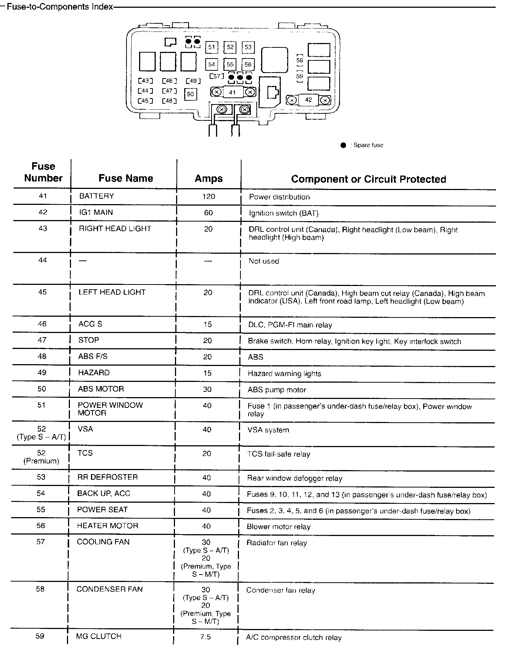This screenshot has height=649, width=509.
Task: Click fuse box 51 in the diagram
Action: (211, 47)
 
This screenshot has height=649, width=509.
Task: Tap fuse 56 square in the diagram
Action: (248, 64)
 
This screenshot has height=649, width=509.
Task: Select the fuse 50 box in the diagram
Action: (190, 94)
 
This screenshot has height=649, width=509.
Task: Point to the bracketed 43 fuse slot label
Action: (145, 81)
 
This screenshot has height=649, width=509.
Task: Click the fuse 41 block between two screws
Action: (232, 92)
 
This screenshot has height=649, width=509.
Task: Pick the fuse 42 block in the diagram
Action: (309, 100)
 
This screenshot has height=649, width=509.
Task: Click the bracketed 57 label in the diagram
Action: (217, 76)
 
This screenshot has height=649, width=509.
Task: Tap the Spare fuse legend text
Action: (368, 145)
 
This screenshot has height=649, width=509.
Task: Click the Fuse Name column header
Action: (126, 179)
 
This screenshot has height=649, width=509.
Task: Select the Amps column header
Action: (209, 179)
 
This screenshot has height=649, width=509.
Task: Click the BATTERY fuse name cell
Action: (97, 196)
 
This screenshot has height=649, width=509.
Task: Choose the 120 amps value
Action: (209, 196)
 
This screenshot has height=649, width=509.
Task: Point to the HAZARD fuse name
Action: (94, 373)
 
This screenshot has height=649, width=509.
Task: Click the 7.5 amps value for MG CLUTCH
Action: (205, 637)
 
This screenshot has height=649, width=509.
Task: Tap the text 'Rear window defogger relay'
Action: (294, 478)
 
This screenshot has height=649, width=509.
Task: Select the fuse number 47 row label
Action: (43, 340)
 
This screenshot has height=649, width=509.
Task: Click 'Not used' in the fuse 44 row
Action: (264, 261)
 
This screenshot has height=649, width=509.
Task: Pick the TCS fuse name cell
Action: (85, 453)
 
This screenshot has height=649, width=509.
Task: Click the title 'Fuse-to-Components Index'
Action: (60, 7)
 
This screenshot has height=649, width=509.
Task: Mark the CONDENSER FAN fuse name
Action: (109, 589)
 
